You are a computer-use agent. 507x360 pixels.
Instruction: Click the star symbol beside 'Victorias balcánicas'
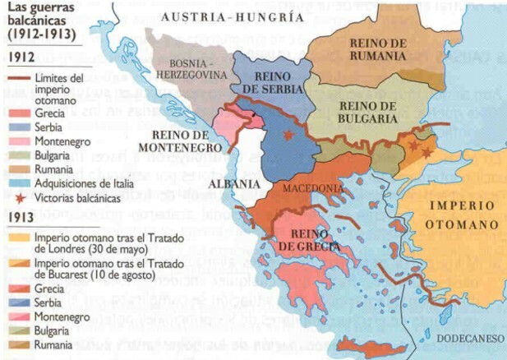pyautogui.click(x=19, y=198)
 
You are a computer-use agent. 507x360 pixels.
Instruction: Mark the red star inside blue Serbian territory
pyautogui.click(x=288, y=136)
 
